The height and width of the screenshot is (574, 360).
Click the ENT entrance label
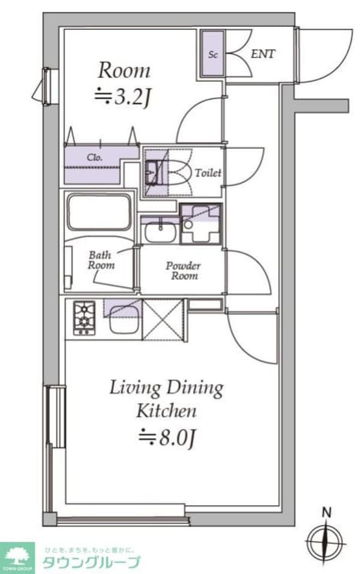click(x=263, y=54)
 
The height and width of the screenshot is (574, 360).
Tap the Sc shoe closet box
click(x=212, y=54)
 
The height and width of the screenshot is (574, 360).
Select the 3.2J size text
click(x=122, y=97)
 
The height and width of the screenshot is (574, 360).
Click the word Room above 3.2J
click(x=124, y=70)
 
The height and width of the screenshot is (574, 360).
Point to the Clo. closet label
click(x=94, y=158)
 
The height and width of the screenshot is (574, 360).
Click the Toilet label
click(x=208, y=173)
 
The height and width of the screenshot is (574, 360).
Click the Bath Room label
click(x=101, y=260)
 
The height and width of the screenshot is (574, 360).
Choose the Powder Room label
click(x=183, y=271)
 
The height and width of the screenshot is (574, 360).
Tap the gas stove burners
click(x=84, y=318)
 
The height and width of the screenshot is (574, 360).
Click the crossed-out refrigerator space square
click(x=163, y=320)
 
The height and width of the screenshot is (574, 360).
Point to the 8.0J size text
click(x=168, y=437)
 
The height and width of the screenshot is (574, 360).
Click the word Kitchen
click(x=166, y=411)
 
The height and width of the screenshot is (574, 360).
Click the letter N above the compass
click(x=326, y=513)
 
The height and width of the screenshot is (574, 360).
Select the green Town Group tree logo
click(x=17, y=556)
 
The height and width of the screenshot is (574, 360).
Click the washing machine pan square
click(x=200, y=224)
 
